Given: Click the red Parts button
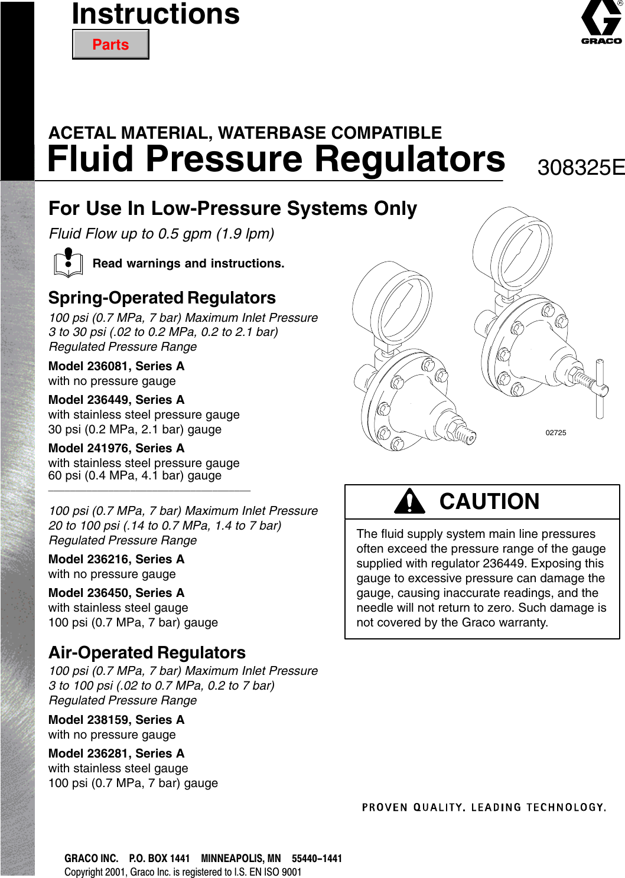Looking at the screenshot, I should click(x=110, y=45).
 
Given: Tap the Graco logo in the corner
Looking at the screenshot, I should click(x=601, y=22).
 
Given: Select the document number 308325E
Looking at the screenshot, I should click(x=581, y=168).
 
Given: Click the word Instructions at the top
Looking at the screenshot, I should click(x=156, y=14).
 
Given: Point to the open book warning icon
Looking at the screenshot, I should click(x=69, y=263).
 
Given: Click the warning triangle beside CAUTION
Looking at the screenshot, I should click(x=409, y=502).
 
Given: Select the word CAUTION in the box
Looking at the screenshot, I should click(x=489, y=502).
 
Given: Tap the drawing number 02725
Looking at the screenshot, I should click(x=555, y=433).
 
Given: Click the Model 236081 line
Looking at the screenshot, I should click(x=116, y=366).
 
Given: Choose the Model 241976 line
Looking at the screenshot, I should click(x=116, y=448).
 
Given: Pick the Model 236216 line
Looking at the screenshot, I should click(x=116, y=559).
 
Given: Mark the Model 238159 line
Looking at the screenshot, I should click(x=116, y=720).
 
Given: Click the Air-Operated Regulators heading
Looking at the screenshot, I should click(x=147, y=652).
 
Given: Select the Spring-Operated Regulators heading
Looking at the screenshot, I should click(x=162, y=298).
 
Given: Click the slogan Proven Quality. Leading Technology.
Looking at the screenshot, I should click(x=484, y=807).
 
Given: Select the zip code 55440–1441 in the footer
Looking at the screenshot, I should click(x=317, y=859).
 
